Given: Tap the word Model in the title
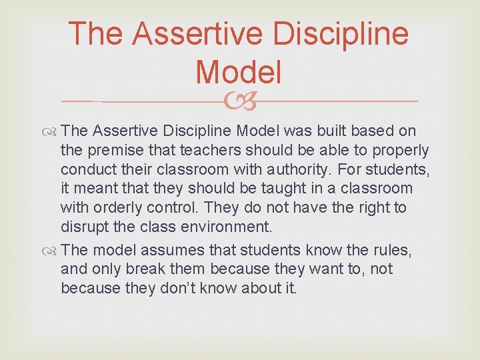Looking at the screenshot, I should (239, 71).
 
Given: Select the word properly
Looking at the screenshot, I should (399, 151).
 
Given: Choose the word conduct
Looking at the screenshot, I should (87, 169).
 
